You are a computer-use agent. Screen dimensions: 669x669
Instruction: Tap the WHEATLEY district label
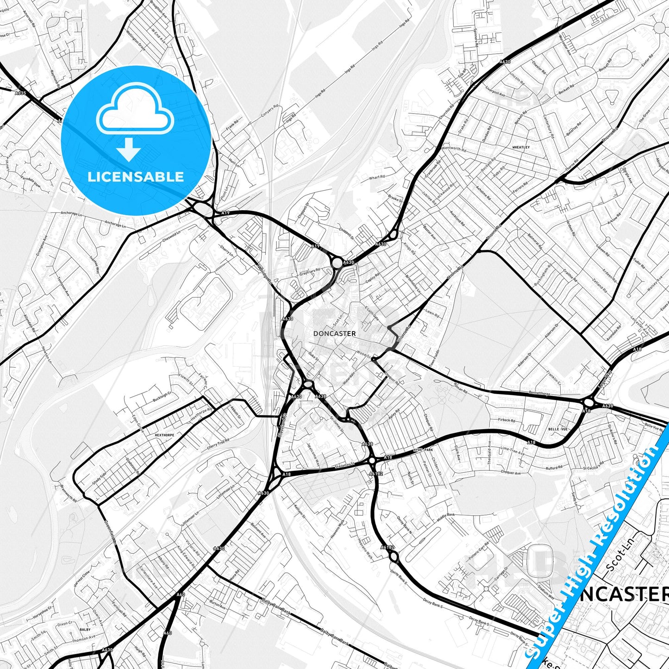521,147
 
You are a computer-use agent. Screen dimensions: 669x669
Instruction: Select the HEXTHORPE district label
164,435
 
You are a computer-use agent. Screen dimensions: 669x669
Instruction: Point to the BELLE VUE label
557,429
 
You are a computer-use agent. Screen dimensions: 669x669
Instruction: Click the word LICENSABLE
136,176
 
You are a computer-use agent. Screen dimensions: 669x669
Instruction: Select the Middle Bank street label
446,518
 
